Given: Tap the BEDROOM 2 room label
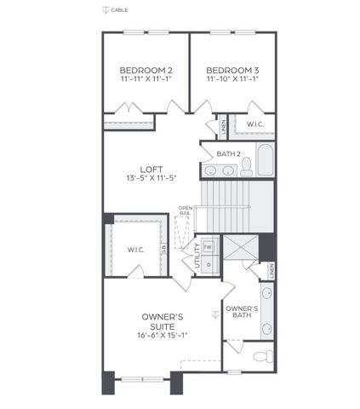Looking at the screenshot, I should click(x=146, y=70).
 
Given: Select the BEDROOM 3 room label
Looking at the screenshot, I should click(x=232, y=70).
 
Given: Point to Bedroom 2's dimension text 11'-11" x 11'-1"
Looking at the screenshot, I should click(x=146, y=79).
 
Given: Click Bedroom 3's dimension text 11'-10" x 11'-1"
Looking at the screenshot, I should click(x=232, y=79).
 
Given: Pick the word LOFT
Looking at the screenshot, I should click(x=152, y=169).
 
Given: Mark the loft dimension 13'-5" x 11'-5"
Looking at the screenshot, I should click(x=152, y=179).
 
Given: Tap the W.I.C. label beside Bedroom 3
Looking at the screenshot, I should click(x=254, y=124).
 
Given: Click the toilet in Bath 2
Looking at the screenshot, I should click(x=246, y=166).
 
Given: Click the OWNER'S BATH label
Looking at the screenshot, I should click(x=242, y=313).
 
